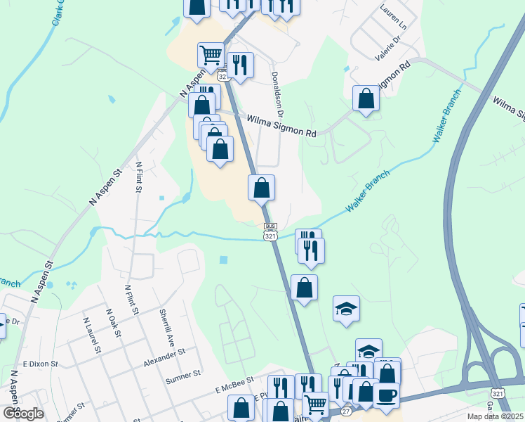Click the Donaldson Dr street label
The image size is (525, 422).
click(277, 94)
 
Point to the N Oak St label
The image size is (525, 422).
click(111, 321)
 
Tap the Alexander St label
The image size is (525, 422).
click(164, 357)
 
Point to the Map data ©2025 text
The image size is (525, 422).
click(495, 416)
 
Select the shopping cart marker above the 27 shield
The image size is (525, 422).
click(315, 404)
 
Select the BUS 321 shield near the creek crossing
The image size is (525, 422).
click(270, 233)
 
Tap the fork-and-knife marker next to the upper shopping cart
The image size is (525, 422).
click(240, 65)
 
